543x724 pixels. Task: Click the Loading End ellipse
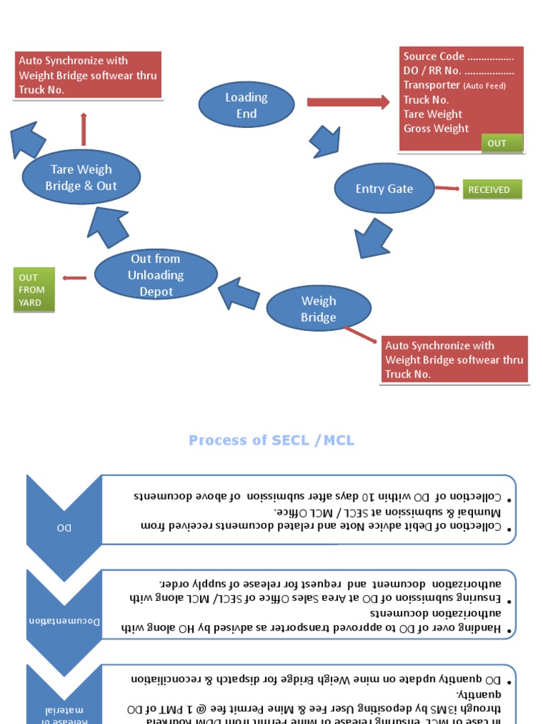[246, 105]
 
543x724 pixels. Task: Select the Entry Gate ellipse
[384, 189]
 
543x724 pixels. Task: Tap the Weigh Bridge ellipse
[318, 309]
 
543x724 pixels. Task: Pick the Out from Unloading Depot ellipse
[156, 274]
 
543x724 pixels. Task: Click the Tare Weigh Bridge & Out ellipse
[81, 177]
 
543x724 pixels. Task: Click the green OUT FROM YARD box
[33, 290]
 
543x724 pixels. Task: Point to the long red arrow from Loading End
[347, 102]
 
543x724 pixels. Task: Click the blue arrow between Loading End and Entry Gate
[324, 142]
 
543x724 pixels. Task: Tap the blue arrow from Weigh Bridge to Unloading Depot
[238, 293]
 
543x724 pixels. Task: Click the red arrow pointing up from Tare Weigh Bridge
[83, 129]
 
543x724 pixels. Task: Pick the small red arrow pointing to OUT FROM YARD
[74, 278]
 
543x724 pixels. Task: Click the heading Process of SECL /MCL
[271, 440]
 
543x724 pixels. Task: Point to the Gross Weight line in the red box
[436, 129]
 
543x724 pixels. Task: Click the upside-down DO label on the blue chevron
[64, 527]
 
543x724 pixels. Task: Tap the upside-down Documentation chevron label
[64, 621]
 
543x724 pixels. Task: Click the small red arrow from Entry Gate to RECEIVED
[447, 188]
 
